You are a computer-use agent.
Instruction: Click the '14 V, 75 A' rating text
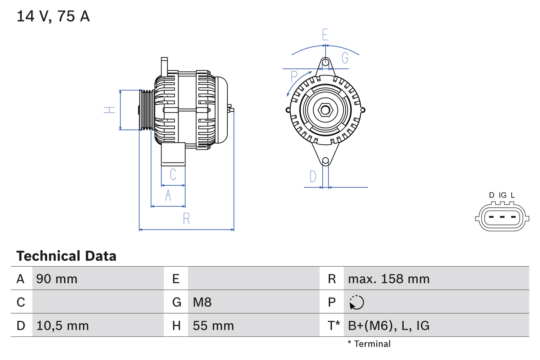click(53, 17)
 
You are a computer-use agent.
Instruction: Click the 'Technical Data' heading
click(66, 256)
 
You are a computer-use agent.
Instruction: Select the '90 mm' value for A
click(57, 279)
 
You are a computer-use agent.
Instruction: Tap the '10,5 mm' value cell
click(62, 326)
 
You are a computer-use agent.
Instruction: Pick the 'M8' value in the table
click(202, 302)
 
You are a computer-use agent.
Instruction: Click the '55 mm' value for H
click(213, 326)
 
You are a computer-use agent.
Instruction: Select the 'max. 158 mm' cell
click(389, 279)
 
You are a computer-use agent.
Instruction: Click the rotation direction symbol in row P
click(356, 302)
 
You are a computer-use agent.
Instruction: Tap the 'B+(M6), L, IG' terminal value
click(389, 326)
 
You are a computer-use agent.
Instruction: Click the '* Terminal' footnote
click(369, 344)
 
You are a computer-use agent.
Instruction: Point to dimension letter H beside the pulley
click(109, 110)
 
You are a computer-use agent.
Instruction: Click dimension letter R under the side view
click(186, 219)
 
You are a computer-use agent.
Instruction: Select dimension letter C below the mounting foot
click(173, 174)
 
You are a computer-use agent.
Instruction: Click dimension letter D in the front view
click(313, 176)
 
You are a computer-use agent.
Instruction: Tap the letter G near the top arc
click(345, 58)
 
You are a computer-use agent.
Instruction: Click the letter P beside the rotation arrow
click(294, 77)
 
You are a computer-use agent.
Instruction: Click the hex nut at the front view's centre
click(325, 110)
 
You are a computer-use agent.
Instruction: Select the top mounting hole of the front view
click(325, 62)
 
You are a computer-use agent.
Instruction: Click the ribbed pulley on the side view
click(147, 110)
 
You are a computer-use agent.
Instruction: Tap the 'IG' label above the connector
click(502, 195)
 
